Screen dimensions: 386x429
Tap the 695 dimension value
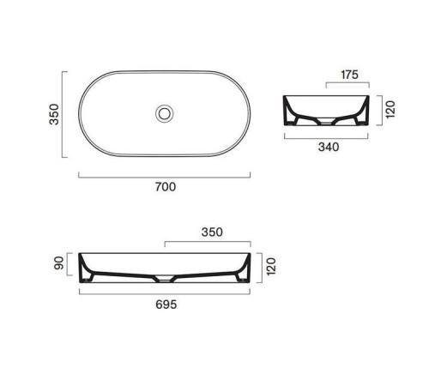click(x=166, y=305)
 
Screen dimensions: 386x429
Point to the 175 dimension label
click(x=347, y=75)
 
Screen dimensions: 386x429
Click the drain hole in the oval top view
click(x=164, y=112)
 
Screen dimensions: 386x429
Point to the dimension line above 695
click(x=166, y=292)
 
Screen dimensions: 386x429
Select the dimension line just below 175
click(x=347, y=84)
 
